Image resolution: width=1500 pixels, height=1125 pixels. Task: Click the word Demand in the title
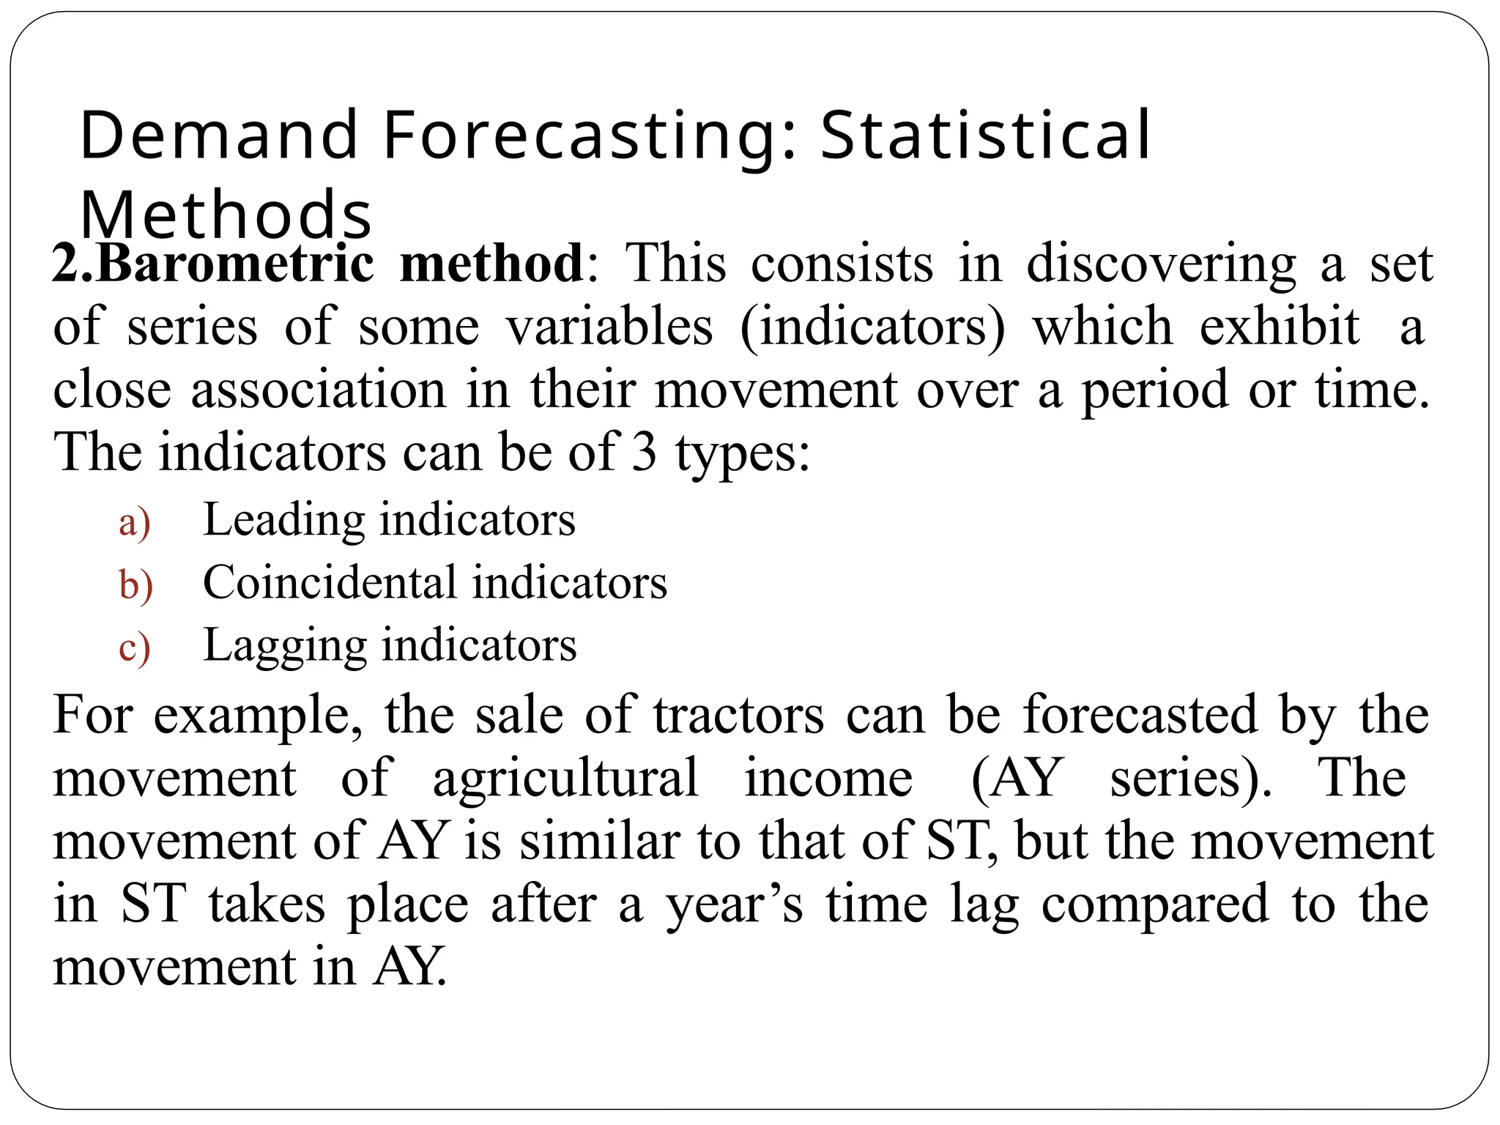point(218,135)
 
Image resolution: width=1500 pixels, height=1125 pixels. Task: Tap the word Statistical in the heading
point(985,135)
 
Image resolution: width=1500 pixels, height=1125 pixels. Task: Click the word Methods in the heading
point(226,215)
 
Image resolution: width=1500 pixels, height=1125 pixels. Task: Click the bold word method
point(491,263)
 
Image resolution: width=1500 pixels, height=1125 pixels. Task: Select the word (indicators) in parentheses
point(872,327)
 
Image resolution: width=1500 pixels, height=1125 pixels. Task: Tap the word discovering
point(1161,264)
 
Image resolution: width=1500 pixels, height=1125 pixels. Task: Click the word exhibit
point(1280,326)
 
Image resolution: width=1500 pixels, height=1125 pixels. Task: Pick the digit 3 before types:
point(644,452)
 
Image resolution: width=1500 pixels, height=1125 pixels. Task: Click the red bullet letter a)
point(135,523)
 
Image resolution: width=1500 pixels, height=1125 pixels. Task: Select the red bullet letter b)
point(135,586)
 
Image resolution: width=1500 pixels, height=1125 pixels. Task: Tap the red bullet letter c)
point(135,649)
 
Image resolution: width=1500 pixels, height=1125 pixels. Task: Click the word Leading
point(283,520)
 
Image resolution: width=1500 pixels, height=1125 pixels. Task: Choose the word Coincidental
point(330,583)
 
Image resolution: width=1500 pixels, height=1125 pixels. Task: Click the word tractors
point(739,716)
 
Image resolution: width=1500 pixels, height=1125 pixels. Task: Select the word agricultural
point(565,779)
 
